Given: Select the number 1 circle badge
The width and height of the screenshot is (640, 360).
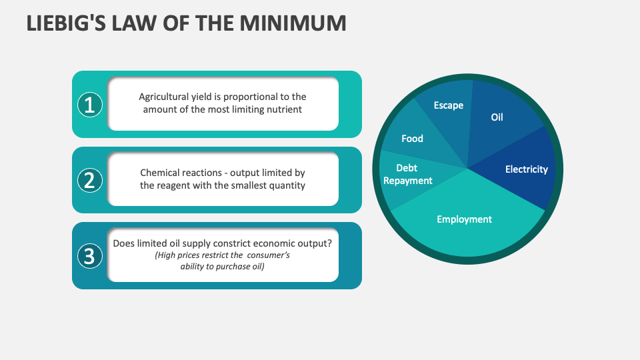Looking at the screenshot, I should click(90, 104).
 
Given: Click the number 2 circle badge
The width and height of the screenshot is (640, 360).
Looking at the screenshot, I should click(90, 180).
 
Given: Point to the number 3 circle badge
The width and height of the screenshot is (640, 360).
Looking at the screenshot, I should click(90, 255).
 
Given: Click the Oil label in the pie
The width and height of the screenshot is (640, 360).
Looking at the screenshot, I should click(497, 117).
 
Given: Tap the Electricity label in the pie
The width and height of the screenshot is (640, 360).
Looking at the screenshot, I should click(526, 169).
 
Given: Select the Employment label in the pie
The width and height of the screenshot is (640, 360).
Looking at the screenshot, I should click(464, 219).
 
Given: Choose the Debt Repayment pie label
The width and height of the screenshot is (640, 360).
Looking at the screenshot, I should click(407, 175).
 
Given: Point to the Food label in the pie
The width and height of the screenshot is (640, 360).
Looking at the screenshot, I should click(412, 139).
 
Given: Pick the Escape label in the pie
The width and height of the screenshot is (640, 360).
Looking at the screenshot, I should click(448, 105).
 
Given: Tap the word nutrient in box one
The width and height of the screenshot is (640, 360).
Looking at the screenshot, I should click(285, 109).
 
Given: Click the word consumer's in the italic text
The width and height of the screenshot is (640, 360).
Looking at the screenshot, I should click(268, 255).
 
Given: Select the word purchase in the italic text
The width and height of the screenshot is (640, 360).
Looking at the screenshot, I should click(231, 267).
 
